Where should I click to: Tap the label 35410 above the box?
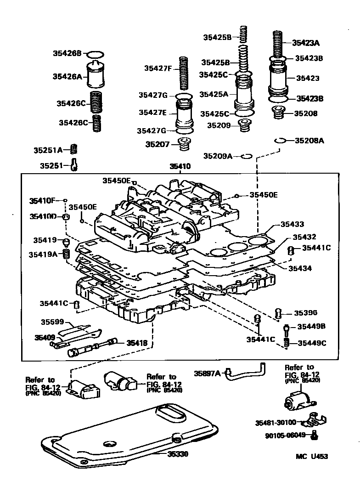pos(180,166)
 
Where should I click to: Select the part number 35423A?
pos(306,43)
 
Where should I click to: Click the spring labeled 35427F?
pos(184,74)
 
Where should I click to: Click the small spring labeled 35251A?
pos(73,149)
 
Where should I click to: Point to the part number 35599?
pos(52,322)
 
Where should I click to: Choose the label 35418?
pos(137,342)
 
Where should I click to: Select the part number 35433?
pos(292,225)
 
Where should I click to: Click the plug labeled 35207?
pos(185,144)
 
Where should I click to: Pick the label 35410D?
pos(43,216)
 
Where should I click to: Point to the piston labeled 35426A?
pos(96,76)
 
